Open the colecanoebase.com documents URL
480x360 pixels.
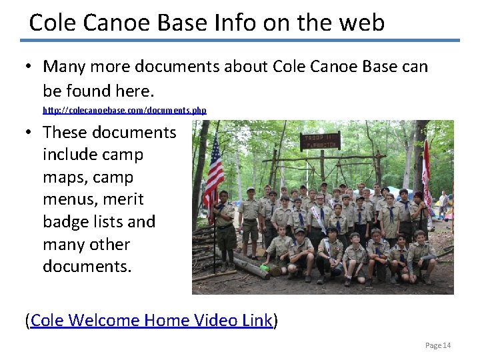125,110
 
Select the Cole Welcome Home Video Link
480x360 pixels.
151,321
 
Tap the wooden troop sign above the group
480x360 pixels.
320,141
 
